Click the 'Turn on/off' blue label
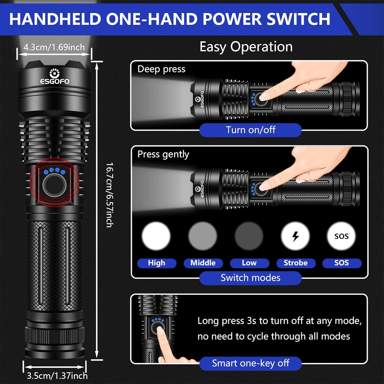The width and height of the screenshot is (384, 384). pyautogui.click(x=250, y=130)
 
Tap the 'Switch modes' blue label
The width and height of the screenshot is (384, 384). pyautogui.click(x=250, y=278)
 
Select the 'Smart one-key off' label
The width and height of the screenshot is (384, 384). pyautogui.click(x=250, y=363)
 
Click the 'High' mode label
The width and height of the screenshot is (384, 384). pyautogui.click(x=157, y=263)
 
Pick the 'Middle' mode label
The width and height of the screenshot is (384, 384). pyautogui.click(x=203, y=263)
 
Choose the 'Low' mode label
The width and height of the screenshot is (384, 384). pyautogui.click(x=249, y=263)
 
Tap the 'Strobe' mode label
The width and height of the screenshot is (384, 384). pyautogui.click(x=296, y=263)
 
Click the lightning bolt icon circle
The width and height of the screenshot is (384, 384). pyautogui.click(x=295, y=236)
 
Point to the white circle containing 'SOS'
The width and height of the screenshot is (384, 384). pyautogui.click(x=342, y=236)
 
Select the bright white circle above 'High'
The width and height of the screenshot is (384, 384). pyautogui.click(x=156, y=236)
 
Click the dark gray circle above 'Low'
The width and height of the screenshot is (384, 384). pyautogui.click(x=249, y=236)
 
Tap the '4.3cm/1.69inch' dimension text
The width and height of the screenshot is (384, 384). pyautogui.click(x=54, y=47)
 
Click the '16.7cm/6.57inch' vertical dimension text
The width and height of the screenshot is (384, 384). pyautogui.click(x=110, y=195)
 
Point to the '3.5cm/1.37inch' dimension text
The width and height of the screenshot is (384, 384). pyautogui.click(x=57, y=376)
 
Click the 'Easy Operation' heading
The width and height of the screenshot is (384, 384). pyautogui.click(x=246, y=47)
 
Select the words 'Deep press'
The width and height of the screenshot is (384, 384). pyautogui.click(x=161, y=69)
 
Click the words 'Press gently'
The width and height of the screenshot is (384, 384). pyautogui.click(x=163, y=154)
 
